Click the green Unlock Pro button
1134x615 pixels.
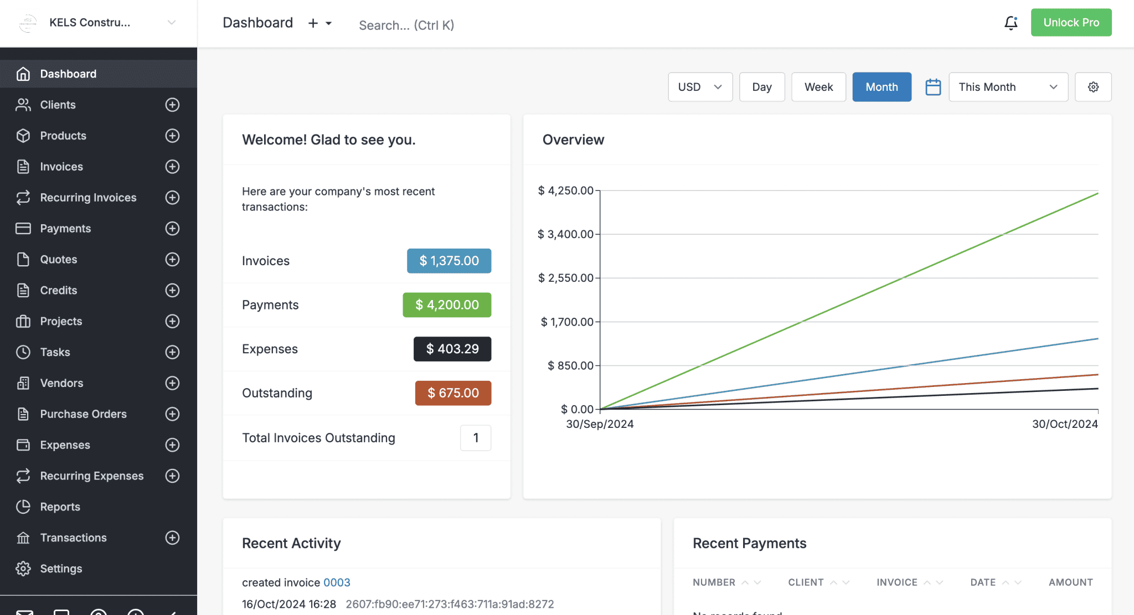point(1071,23)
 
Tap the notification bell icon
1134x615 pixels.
point(1011,23)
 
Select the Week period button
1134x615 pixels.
point(818,87)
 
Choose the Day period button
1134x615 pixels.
point(761,87)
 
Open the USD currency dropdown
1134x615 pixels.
point(700,87)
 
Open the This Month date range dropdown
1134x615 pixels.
point(1008,87)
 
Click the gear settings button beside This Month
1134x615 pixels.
point(1093,87)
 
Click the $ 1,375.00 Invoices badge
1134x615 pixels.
point(449,261)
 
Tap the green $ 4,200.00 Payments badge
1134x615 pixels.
point(447,305)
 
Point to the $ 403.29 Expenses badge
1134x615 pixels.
point(452,349)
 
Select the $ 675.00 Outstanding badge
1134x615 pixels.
point(453,393)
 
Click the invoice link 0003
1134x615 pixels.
point(337,582)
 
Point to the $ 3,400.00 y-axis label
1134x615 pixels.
point(565,234)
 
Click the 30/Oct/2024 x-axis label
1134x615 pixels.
point(1064,424)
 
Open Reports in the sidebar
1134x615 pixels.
point(60,507)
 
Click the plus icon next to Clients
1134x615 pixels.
point(172,105)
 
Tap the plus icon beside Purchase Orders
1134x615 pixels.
point(172,414)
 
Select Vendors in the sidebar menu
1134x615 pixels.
point(61,383)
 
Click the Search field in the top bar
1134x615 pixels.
point(406,25)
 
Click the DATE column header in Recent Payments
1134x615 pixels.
point(983,582)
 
